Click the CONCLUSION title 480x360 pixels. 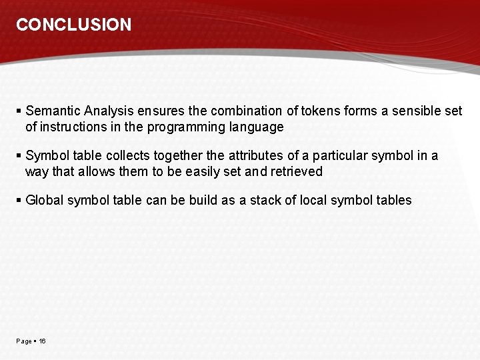74,25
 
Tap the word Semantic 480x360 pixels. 53,111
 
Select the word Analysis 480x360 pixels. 109,111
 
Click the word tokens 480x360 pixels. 321,111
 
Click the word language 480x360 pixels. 256,127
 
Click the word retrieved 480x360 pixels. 297,171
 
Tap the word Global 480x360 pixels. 44,200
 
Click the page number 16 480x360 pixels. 42,341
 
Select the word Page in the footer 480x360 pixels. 23,341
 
